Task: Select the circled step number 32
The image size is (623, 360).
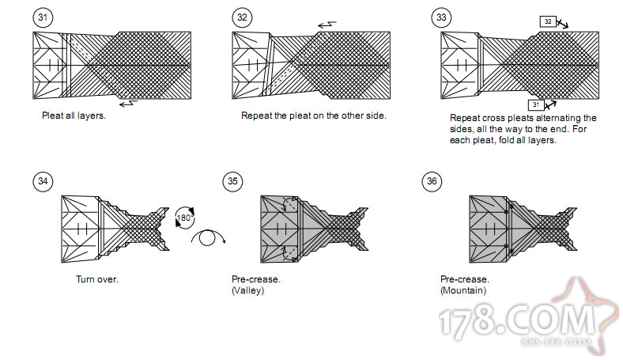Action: click(241, 17)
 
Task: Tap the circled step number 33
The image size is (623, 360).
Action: click(440, 17)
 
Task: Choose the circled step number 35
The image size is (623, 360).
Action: click(232, 181)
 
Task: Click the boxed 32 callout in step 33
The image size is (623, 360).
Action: click(548, 21)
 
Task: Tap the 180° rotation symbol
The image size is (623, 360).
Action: click(184, 215)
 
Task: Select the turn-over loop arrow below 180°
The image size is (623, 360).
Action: click(209, 238)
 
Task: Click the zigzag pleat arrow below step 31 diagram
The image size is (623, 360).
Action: click(127, 102)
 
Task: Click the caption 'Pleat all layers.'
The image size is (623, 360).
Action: click(74, 115)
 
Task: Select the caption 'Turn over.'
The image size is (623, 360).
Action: click(97, 279)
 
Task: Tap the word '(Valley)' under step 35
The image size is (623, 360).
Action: click(247, 290)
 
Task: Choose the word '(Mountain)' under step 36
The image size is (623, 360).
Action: click(463, 290)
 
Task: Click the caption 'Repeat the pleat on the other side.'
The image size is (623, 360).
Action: click(313, 115)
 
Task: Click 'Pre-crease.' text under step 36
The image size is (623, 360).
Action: click(464, 279)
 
